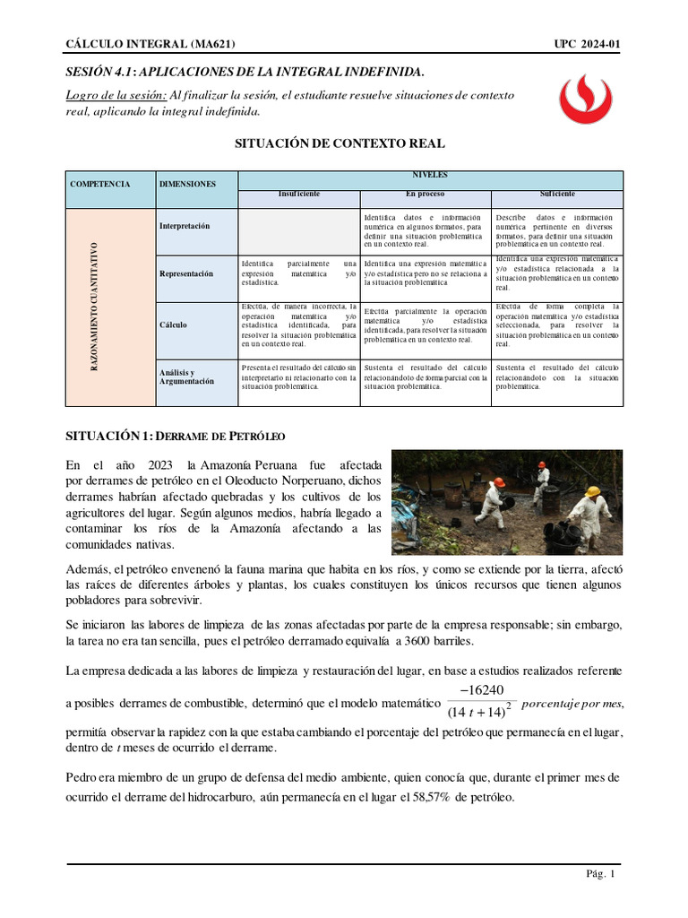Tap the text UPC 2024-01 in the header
tap(588, 44)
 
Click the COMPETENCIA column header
tap(100, 184)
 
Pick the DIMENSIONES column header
tap(187, 184)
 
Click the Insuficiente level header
tap(298, 194)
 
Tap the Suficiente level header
tap(557, 194)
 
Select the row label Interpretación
tap(185, 226)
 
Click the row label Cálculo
tap(173, 325)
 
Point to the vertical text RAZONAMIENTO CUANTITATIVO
tap(94, 307)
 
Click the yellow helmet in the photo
tap(592, 492)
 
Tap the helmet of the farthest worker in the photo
tap(541, 464)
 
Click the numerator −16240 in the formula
tap(481, 689)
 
